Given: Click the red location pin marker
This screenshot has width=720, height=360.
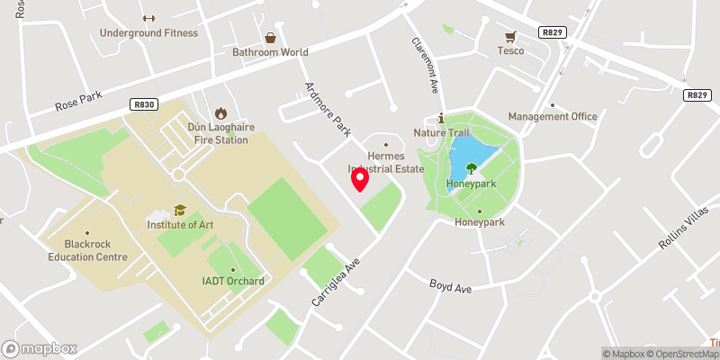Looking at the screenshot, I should [x=360, y=180].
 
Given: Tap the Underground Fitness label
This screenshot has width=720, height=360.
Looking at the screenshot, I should [x=149, y=33].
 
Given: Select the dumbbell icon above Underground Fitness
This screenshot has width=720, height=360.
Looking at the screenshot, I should [x=149, y=18].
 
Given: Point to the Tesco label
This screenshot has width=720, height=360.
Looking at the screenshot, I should [x=511, y=50].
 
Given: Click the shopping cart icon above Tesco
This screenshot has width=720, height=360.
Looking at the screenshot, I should [x=511, y=36].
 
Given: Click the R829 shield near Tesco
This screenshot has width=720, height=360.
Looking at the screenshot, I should [x=552, y=32].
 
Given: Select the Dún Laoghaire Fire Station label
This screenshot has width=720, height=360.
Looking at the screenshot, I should [x=217, y=133].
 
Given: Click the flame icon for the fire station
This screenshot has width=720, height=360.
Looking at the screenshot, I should [x=218, y=114].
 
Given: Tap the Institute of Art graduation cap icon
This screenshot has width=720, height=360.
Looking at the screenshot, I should [x=180, y=210].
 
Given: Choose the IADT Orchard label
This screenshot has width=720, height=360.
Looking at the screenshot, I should [x=233, y=281].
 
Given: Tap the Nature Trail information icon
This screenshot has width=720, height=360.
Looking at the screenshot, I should [x=441, y=119].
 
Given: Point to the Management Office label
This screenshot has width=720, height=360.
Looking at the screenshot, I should [x=553, y=117].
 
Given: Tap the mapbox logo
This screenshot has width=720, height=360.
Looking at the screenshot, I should [x=40, y=348].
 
